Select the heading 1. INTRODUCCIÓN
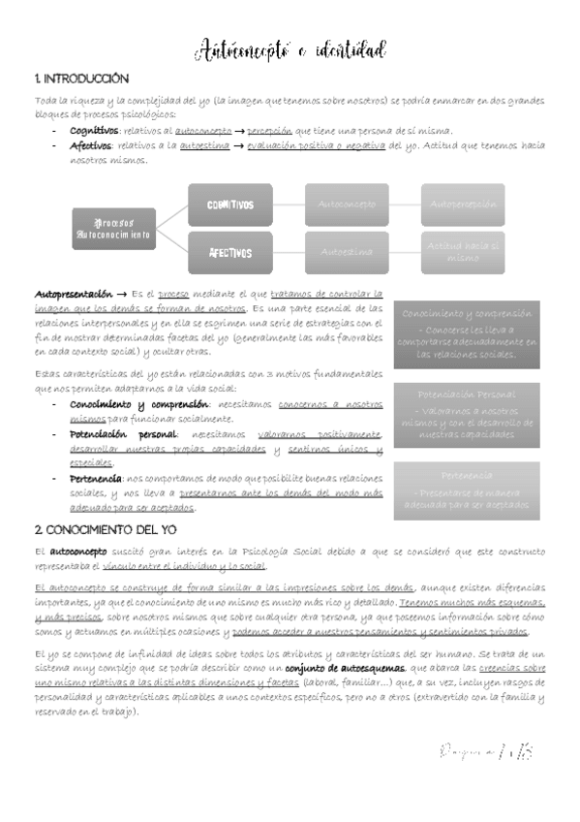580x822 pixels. click(80, 79)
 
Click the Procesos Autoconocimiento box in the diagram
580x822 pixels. click(113, 229)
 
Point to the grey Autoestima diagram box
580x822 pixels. click(347, 253)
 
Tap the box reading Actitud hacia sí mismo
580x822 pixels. click(463, 253)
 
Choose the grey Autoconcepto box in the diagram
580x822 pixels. click(347, 205)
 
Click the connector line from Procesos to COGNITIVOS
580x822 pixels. click(171, 216)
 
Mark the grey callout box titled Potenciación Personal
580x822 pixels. click(466, 415)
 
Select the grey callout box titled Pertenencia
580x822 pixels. click(466, 490)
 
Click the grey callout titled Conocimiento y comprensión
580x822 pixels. click(466, 334)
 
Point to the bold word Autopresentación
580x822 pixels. click(69, 293)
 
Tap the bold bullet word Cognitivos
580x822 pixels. click(94, 131)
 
